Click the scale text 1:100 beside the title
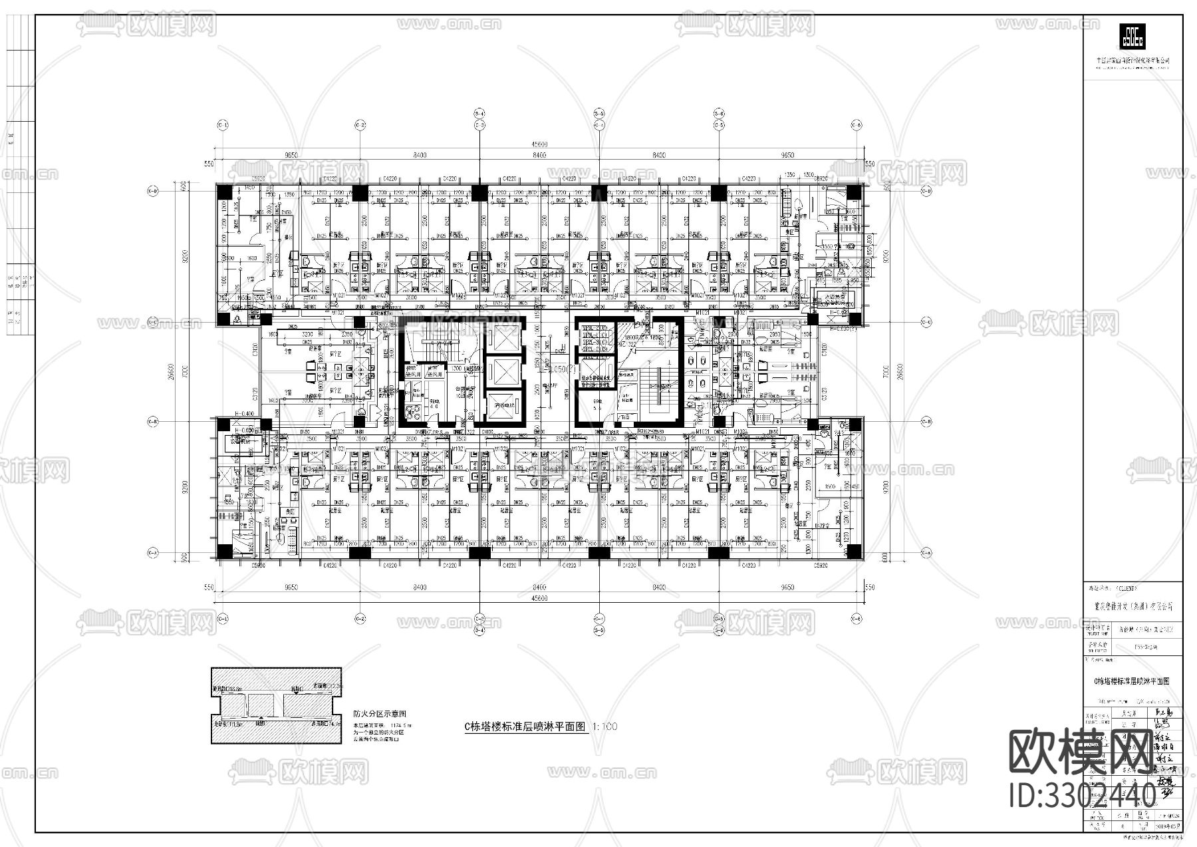(604, 727)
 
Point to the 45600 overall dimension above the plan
(539, 144)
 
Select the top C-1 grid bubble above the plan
(223, 125)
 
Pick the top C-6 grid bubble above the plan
(857, 125)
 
